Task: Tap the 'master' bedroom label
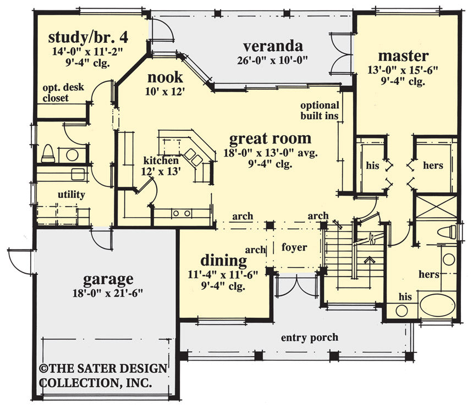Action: coord(403,56)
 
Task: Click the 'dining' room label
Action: coord(223,259)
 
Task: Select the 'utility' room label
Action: coord(71,195)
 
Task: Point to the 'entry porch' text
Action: coord(309,337)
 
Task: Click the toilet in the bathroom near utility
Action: coord(48,153)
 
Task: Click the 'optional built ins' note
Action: coord(320,110)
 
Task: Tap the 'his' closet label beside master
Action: coord(372,165)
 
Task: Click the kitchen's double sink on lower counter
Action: coord(180,213)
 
